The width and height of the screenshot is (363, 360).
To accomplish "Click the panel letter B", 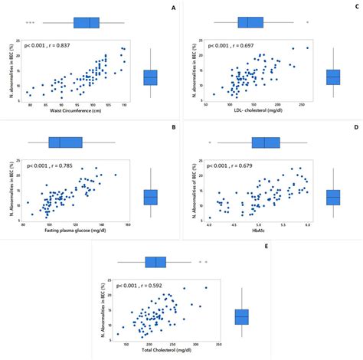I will [173, 126].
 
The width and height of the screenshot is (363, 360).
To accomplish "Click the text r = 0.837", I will [74, 45].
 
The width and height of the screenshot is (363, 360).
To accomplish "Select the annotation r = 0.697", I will [257, 45].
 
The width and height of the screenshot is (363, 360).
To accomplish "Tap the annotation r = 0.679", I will [257, 165].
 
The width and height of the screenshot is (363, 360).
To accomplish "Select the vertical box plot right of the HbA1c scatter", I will [333, 197].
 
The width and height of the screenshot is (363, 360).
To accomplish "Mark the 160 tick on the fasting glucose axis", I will [128, 224].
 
